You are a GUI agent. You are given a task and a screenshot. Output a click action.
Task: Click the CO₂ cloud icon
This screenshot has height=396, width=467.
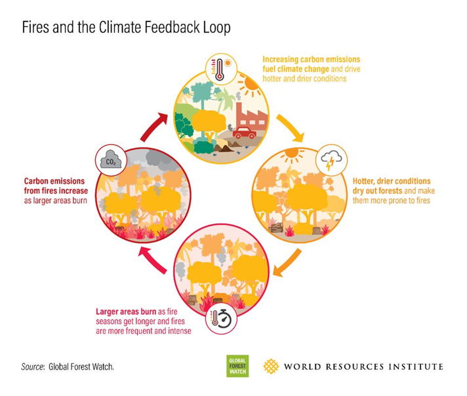111,160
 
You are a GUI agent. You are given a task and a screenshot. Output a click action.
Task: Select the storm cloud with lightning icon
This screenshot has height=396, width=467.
331,159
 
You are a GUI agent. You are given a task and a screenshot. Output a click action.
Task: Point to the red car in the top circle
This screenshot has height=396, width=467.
245,133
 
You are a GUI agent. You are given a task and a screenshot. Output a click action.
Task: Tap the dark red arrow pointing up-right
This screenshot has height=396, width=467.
153,127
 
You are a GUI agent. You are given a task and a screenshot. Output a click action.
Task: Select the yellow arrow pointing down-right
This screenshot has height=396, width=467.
290,128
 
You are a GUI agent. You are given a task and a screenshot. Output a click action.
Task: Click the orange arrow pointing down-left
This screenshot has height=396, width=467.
287,263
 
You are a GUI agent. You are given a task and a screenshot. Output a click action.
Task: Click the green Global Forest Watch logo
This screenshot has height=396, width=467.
237,366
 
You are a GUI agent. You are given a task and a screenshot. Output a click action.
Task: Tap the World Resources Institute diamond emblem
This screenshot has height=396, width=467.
271,366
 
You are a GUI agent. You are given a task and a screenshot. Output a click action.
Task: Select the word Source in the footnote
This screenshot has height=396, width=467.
32,366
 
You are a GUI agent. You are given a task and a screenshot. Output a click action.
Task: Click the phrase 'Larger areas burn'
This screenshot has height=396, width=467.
126,311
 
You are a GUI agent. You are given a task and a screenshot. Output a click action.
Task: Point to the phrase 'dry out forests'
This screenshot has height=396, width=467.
377,191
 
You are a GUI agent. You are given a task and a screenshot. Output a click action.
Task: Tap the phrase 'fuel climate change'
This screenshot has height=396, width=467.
295,69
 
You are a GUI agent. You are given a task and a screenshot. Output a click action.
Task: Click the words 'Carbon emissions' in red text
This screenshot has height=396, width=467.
54,181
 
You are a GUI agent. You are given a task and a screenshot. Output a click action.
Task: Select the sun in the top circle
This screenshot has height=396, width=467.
249,83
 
